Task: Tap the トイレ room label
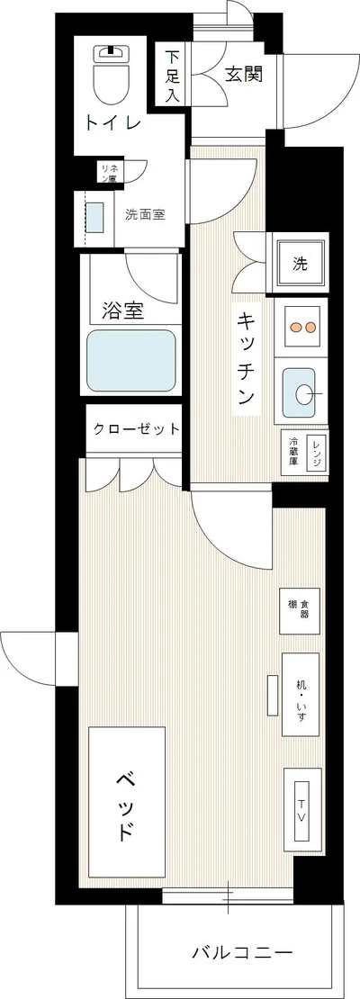112,123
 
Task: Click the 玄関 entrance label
243,76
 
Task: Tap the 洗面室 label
144,214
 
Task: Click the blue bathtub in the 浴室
131,359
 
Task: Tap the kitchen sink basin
302,392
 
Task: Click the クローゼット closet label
137,429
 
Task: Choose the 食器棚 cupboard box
300,609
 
